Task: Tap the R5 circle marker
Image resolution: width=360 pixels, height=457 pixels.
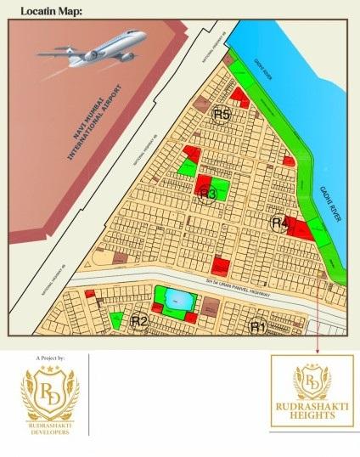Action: (222, 115)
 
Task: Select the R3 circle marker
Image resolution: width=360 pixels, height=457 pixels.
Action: (208, 194)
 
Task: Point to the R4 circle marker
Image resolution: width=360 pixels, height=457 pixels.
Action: (279, 223)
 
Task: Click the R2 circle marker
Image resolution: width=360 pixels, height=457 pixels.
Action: (140, 321)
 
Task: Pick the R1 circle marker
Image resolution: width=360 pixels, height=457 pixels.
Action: (257, 326)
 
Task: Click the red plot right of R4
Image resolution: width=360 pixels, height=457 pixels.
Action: (297, 226)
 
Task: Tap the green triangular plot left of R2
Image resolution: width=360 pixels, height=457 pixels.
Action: (115, 320)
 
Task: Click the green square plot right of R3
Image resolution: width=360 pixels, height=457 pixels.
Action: (220, 188)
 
